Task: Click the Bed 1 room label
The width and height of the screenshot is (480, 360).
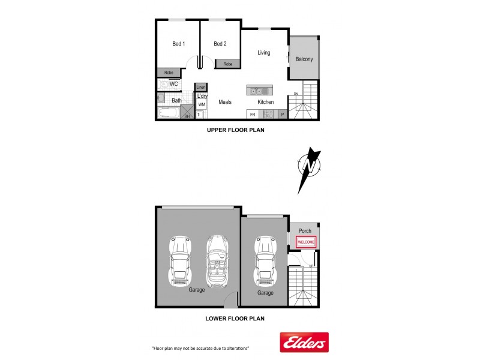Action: [178, 44]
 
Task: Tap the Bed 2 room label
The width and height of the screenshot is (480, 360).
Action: [220, 44]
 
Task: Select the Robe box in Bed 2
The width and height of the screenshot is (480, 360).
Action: [228, 64]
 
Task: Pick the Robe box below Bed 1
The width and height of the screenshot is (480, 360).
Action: [169, 73]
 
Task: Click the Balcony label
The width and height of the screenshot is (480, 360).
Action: [304, 59]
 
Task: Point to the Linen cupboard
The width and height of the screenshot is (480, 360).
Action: [201, 87]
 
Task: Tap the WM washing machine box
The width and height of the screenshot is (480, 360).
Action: [202, 104]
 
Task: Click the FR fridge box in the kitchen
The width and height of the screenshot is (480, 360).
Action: [253, 114]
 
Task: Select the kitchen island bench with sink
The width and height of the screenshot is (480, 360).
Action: [260, 91]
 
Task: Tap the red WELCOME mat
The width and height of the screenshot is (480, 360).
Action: [306, 242]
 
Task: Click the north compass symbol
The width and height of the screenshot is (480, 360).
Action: [310, 167]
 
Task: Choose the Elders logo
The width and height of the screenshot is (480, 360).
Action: [305, 343]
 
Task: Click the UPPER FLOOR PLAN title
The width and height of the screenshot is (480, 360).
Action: [236, 130]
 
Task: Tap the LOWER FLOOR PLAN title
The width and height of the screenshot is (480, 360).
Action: [236, 319]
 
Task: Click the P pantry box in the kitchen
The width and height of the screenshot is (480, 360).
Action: [281, 114]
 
